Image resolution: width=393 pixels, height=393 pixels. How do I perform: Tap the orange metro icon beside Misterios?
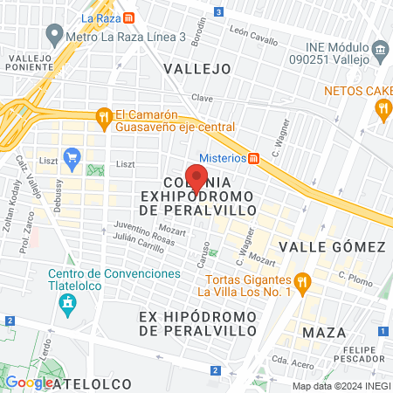click(x=254, y=158)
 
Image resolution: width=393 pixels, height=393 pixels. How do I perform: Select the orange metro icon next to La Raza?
click(x=129, y=17)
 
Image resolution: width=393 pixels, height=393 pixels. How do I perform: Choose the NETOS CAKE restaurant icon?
click(x=382, y=108)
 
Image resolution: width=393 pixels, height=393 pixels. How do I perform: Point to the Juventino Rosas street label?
click(x=121, y=234)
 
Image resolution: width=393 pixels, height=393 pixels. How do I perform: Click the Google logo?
click(x=28, y=383)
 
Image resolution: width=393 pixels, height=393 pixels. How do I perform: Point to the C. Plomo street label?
click(x=355, y=278)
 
